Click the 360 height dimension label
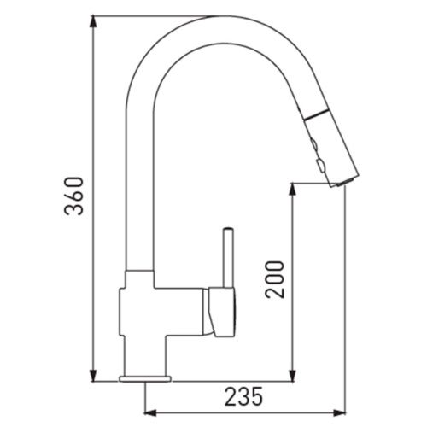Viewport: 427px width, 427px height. tap(74, 196)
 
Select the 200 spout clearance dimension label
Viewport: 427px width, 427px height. tap(275, 279)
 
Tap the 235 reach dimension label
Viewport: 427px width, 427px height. tap(243, 396)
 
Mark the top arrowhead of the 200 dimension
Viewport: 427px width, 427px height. tap(292, 190)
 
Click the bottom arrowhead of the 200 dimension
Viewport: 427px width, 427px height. tap(292, 375)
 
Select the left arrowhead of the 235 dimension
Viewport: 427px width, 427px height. tap(151, 412)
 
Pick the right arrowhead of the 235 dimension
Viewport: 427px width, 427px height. tap(339, 412)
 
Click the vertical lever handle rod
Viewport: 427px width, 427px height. tap(229, 258)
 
